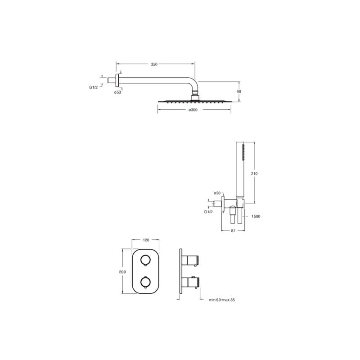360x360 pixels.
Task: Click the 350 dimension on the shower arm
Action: pos(154,64)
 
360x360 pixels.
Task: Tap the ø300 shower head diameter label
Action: pos(193,110)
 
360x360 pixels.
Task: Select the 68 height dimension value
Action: pos(239,91)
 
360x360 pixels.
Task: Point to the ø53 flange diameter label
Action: pos(117,92)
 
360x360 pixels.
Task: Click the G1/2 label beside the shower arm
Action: pos(94,87)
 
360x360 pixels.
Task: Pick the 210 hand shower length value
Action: pos(254,174)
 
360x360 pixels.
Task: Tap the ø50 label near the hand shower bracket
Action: pos(217,193)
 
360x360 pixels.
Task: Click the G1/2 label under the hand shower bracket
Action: pos(208,211)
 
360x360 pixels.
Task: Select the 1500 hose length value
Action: pos(256,216)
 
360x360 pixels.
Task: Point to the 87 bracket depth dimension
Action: pos(233,231)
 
